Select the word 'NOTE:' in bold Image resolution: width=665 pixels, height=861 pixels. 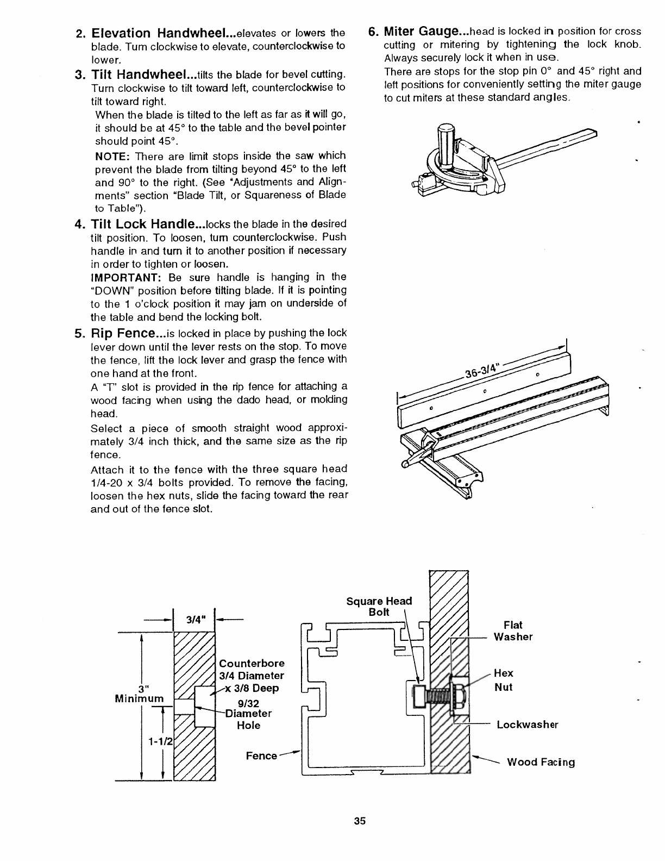click(x=111, y=156)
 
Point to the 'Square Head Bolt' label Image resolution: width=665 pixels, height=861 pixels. click(x=379, y=606)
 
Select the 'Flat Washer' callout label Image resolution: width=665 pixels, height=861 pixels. click(x=513, y=631)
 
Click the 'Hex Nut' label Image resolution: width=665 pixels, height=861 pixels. click(x=504, y=681)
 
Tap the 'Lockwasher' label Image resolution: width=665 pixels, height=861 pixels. click(x=527, y=725)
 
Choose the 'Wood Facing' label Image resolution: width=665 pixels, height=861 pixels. click(x=541, y=762)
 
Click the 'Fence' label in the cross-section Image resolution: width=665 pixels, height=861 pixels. click(x=261, y=756)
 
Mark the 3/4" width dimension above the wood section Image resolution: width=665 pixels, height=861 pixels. click(x=194, y=619)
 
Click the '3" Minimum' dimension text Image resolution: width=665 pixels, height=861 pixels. click(x=139, y=692)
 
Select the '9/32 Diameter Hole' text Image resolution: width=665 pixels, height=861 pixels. click(x=249, y=713)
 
